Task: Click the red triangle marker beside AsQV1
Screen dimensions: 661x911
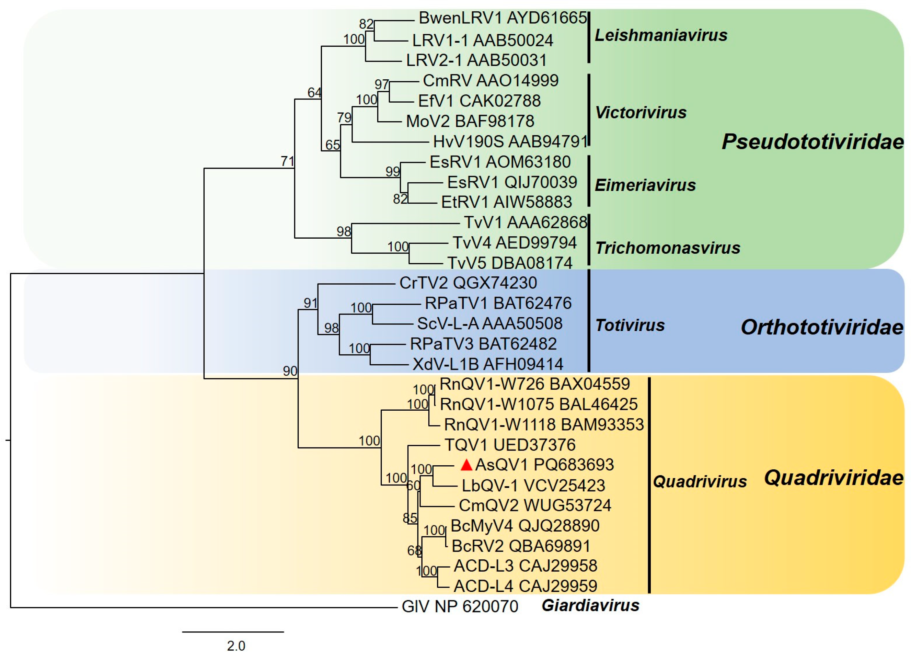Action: coord(466,465)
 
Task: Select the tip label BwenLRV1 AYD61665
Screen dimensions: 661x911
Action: coord(503,18)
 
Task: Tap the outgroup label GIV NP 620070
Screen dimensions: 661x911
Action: coord(460,606)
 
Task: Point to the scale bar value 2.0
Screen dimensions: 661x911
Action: coord(236,646)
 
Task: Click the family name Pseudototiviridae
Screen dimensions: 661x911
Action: coord(812,142)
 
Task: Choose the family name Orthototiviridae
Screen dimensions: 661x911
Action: coord(822,328)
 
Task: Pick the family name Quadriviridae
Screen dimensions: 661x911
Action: coord(833,478)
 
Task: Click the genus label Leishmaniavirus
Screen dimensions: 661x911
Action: coord(661,35)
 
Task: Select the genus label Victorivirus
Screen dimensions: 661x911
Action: coord(641,113)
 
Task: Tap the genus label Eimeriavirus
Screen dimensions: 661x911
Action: coord(645,185)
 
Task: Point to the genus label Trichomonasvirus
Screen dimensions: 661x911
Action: coord(668,248)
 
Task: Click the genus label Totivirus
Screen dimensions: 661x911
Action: coord(630,325)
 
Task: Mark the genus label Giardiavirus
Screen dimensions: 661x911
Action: coord(590,605)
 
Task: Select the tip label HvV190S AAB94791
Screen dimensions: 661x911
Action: coord(510,141)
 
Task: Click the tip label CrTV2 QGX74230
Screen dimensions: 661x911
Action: coord(468,283)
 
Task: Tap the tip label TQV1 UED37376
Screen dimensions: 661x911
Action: coord(510,445)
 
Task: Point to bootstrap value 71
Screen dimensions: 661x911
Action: coord(288,161)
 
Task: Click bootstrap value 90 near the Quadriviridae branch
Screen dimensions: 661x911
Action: coord(290,371)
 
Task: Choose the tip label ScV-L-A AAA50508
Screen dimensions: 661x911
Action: coord(489,323)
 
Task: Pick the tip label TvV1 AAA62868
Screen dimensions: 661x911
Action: coord(526,222)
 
